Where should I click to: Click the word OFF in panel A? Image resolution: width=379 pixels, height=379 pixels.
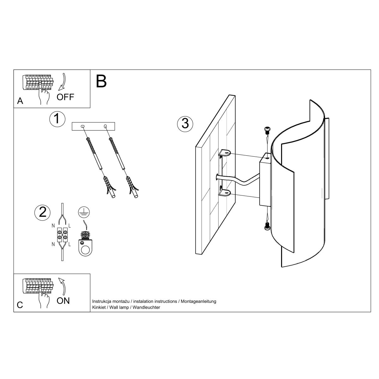click(x=65, y=97)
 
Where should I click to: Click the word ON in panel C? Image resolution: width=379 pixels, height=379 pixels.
click(x=63, y=301)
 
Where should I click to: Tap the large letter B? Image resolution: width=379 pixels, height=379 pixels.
click(x=101, y=81)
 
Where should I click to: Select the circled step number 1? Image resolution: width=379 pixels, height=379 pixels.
click(x=57, y=119)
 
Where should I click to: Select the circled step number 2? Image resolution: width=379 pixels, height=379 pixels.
click(x=42, y=212)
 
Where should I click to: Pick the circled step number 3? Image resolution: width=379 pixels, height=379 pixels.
click(x=185, y=123)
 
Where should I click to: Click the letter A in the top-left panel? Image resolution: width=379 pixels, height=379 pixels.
click(x=20, y=101)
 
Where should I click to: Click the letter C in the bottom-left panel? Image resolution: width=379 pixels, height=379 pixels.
click(x=20, y=305)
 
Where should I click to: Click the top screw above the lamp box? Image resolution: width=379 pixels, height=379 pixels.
click(x=267, y=129)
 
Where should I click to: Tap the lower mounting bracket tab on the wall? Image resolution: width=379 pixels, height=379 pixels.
click(x=225, y=192)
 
